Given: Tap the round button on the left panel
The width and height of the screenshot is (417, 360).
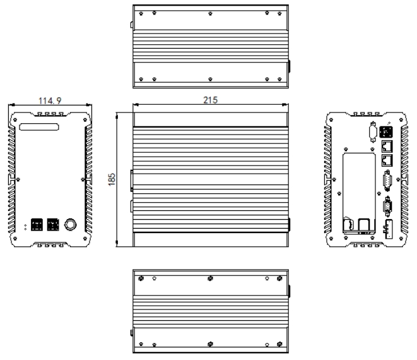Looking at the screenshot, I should (x=71, y=225).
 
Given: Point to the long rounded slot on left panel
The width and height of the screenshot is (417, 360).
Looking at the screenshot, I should (x=40, y=127).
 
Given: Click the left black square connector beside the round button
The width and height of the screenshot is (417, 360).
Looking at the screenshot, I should (x=36, y=224).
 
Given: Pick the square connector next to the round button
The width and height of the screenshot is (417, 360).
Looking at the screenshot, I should (x=53, y=224).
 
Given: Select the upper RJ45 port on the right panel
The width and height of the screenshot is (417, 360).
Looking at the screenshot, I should (x=387, y=145).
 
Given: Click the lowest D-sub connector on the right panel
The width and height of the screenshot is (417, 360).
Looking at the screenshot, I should (x=387, y=206).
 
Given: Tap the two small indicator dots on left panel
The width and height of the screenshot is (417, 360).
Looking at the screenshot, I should (x=25, y=225).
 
